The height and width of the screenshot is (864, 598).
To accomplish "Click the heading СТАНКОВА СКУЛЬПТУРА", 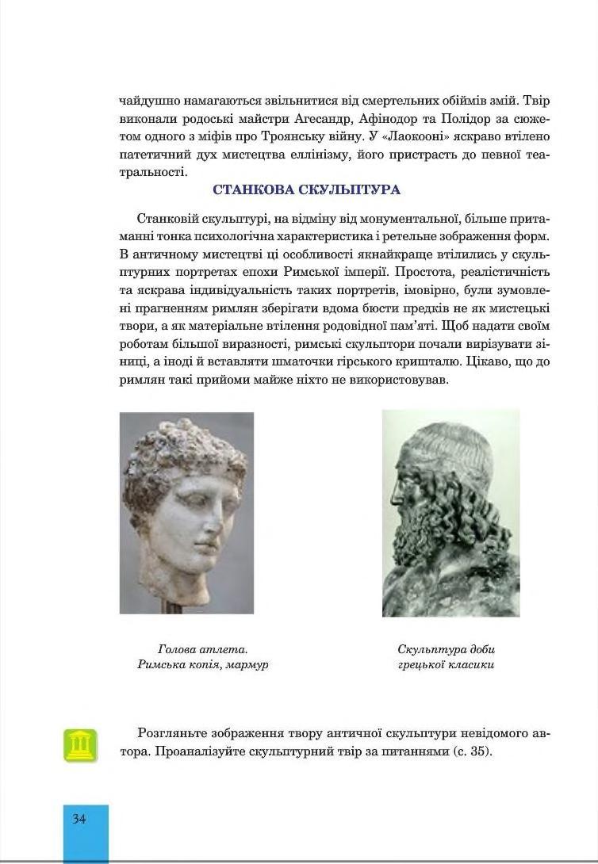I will coord(306,190).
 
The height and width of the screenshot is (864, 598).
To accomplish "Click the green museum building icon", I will coord(80,745).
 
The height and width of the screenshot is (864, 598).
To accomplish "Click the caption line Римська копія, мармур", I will coord(202,664).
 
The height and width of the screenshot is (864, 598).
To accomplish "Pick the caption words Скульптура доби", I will coord(446,649).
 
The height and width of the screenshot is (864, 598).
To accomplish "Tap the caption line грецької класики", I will coord(446,664).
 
